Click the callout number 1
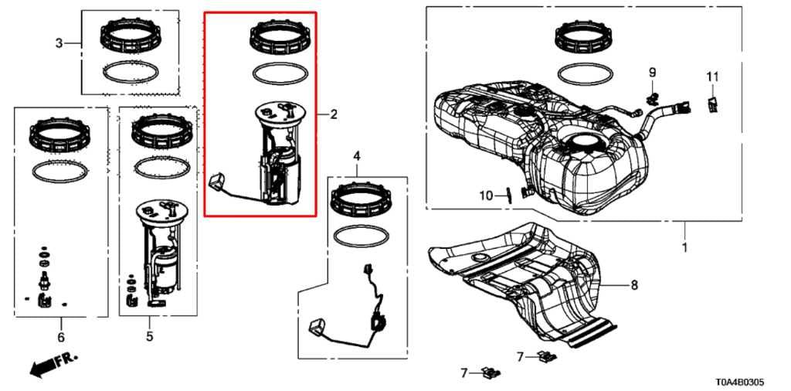(684, 249)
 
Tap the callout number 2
(334, 115)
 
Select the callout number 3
(59, 43)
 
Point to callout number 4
(357, 157)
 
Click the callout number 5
(150, 336)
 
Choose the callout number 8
(634, 285)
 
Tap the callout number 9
(652, 73)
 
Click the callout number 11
(711, 76)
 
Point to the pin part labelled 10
(508, 194)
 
